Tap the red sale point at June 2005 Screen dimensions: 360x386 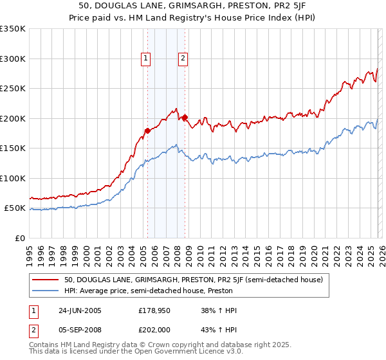(147, 130)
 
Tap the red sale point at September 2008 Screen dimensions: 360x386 (184, 117)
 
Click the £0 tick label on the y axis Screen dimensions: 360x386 (19, 238)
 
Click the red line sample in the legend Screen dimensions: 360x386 (47, 280)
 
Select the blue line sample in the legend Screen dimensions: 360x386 (47, 291)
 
